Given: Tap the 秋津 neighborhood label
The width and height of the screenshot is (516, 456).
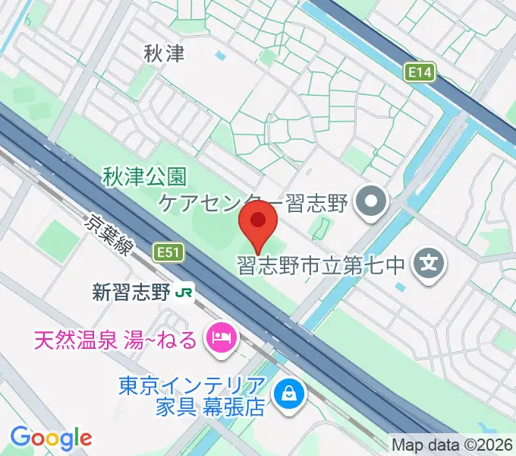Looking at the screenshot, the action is (x=164, y=53).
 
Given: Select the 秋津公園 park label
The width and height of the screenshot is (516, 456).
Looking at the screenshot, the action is (x=144, y=178).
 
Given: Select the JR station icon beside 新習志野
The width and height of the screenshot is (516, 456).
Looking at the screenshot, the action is (x=184, y=291).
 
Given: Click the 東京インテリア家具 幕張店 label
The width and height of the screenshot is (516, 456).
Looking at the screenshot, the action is (x=191, y=397).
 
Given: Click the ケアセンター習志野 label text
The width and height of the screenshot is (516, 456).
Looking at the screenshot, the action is (x=251, y=203).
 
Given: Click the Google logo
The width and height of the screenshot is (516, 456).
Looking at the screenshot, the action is (x=51, y=438).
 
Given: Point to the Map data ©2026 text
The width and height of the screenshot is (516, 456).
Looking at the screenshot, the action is (x=451, y=445).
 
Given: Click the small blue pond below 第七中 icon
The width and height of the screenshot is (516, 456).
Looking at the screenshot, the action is (x=400, y=287).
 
